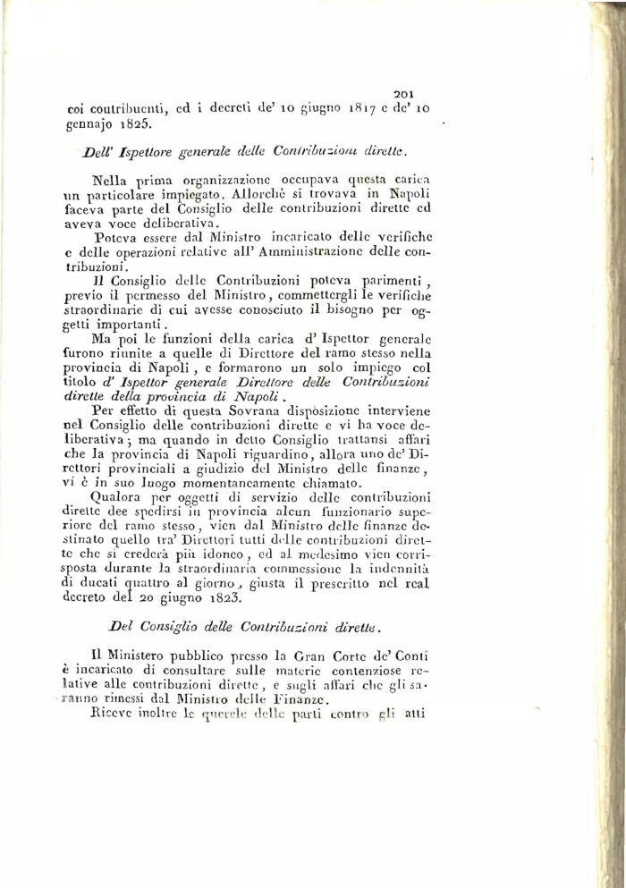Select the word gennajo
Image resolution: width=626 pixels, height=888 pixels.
point(89,125)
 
